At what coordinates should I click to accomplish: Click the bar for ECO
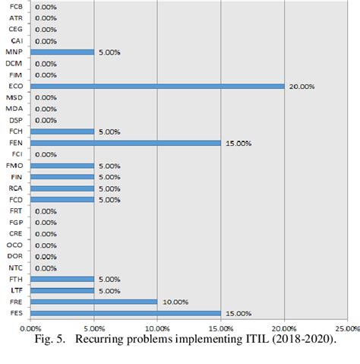point(156,86)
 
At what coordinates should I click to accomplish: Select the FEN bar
point(125,143)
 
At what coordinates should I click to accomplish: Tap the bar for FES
point(125,313)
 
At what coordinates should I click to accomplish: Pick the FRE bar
point(93,302)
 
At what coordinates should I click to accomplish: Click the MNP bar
point(62,52)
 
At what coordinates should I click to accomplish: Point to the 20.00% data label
point(302,87)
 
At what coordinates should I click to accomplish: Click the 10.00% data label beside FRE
point(174,302)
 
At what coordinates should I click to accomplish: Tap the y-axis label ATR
point(15,17)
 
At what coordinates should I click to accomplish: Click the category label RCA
point(15,188)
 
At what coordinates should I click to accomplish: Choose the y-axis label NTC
point(15,267)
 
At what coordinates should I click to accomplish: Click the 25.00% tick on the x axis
point(346,328)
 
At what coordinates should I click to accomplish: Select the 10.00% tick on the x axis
point(156,328)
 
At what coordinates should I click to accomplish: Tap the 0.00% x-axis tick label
point(30,328)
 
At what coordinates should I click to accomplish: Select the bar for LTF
point(62,290)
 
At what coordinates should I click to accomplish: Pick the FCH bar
point(62,131)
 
